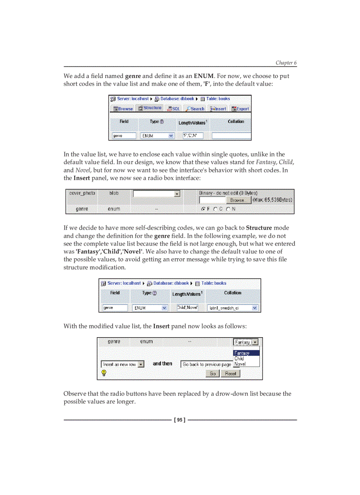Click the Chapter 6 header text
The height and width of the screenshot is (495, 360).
click(286, 63)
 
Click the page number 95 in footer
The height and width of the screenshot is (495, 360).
click(180, 420)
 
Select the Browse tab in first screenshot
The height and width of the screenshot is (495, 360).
click(123, 109)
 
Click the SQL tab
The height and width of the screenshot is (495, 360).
click(173, 109)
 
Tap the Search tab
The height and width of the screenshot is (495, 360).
click(195, 109)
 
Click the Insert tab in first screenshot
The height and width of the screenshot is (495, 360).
click(218, 109)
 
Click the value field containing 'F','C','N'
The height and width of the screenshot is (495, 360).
click(193, 136)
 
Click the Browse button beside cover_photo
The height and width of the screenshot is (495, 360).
click(237, 200)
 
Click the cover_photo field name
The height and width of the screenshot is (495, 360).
click(82, 193)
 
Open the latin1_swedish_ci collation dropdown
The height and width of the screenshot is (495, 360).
click(232, 308)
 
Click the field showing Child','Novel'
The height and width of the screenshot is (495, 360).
click(188, 308)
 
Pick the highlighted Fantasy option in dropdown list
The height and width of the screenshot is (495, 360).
click(246, 353)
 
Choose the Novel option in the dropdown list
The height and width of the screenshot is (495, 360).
click(240, 364)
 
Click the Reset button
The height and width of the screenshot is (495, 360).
click(230, 373)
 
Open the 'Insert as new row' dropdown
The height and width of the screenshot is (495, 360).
click(123, 365)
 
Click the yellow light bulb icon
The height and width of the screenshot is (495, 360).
click(104, 373)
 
